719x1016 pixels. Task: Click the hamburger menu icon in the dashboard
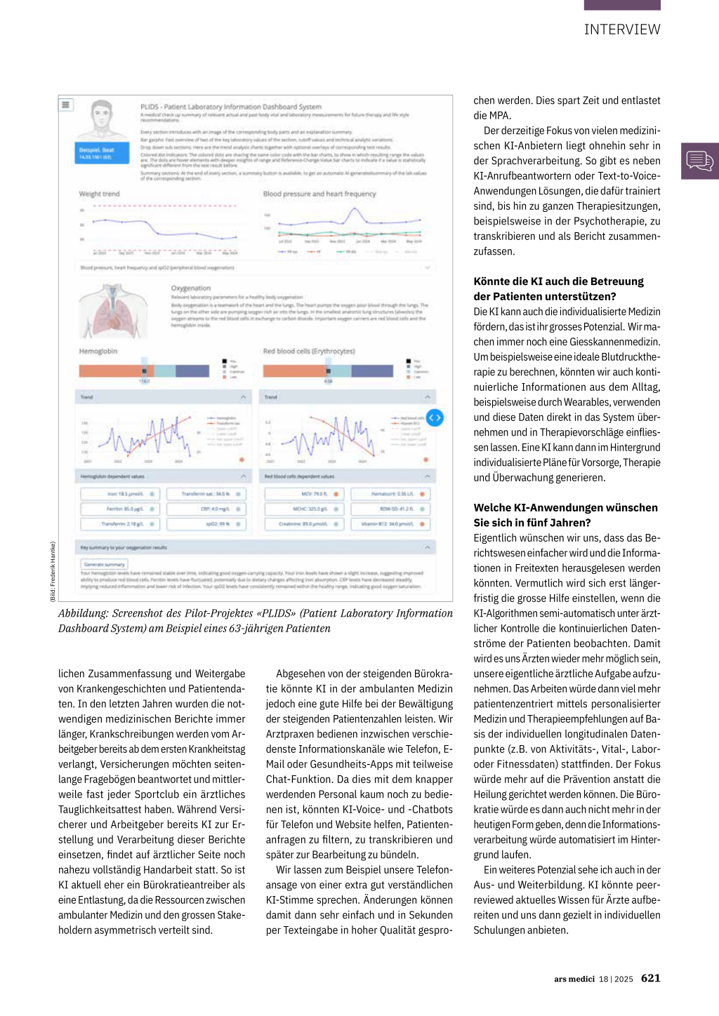pyautogui.click(x=66, y=105)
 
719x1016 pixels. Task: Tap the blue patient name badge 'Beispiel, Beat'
pyautogui.click(x=103, y=153)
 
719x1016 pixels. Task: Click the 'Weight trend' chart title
pyautogui.click(x=99, y=194)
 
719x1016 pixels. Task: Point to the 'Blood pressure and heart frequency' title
pyautogui.click(x=319, y=194)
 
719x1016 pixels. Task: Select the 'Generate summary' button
pyautogui.click(x=104, y=564)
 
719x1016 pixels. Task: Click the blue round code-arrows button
pyautogui.click(x=435, y=417)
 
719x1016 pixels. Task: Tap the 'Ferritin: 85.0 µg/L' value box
pyautogui.click(x=121, y=509)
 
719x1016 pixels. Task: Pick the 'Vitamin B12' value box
pyautogui.click(x=390, y=523)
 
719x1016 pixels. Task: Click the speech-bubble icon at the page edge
pyautogui.click(x=699, y=161)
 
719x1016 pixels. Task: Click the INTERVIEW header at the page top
pyautogui.click(x=622, y=29)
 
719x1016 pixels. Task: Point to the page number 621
pyautogui.click(x=650, y=978)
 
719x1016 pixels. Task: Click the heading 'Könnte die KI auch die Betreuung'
pyautogui.click(x=558, y=281)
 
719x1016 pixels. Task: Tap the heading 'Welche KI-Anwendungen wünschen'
pyautogui.click(x=565, y=507)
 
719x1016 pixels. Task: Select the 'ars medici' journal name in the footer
pyautogui.click(x=574, y=979)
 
